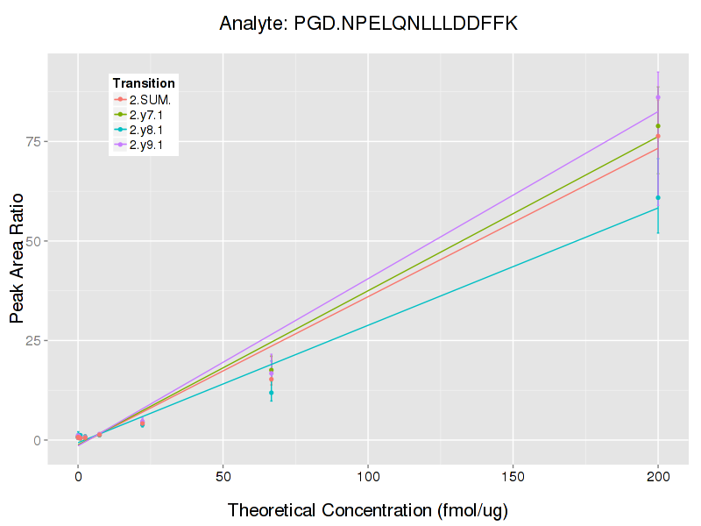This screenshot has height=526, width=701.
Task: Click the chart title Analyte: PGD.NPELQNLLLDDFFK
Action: coord(368,24)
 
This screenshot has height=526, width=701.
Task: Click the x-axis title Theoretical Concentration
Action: coord(368,509)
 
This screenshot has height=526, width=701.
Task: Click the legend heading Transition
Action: coord(144,83)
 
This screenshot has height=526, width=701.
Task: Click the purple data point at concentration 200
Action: coord(658,97)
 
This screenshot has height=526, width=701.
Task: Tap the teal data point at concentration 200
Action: coord(658,197)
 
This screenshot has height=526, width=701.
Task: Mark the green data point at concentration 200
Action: coord(658,126)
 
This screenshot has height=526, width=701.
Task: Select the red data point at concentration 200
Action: coord(658,136)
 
